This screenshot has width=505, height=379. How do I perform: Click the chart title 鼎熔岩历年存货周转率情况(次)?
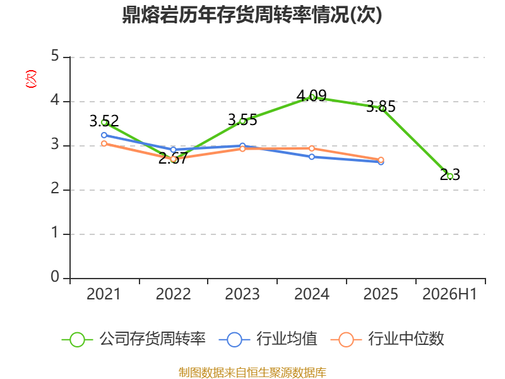(x=252, y=15)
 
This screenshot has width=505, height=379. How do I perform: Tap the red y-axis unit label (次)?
(x=31, y=79)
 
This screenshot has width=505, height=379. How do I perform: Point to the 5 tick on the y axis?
(x=55, y=56)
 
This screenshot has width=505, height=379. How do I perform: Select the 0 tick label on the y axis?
(x=55, y=277)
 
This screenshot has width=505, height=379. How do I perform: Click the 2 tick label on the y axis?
(x=55, y=188)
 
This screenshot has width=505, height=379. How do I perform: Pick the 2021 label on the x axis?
(x=104, y=294)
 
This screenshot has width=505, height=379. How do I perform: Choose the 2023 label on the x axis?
(x=242, y=294)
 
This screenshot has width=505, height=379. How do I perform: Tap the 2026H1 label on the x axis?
(x=449, y=294)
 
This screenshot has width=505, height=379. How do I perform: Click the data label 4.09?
(x=311, y=95)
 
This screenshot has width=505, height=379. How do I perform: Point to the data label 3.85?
(x=381, y=106)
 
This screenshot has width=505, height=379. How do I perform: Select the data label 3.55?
(x=242, y=120)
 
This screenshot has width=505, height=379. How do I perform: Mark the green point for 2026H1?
(x=450, y=176)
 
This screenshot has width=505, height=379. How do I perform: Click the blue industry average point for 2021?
(x=104, y=135)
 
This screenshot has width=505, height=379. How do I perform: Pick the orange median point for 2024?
(x=312, y=148)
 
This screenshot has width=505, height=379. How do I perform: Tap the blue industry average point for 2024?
(x=312, y=157)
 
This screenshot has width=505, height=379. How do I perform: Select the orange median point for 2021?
(x=104, y=143)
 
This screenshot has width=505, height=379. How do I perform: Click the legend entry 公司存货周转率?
(x=133, y=339)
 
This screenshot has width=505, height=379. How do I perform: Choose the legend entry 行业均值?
(x=268, y=339)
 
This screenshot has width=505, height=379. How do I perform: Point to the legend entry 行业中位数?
(x=387, y=339)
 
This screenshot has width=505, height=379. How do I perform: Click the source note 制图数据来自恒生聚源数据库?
(x=252, y=373)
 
